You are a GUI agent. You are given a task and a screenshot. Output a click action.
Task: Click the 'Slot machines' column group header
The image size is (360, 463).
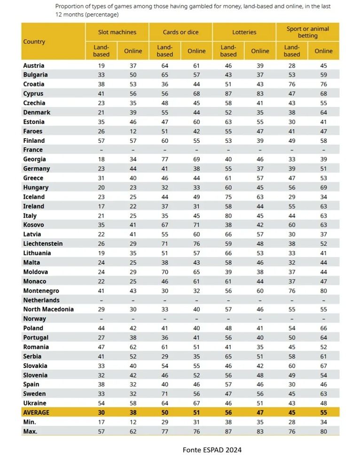coord(117,32)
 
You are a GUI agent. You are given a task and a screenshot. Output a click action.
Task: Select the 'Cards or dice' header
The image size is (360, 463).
coord(180,32)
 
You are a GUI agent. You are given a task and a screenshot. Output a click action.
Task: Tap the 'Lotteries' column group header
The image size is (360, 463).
coord(244,32)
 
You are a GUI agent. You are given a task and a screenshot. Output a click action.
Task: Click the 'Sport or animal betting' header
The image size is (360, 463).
coord(307,32)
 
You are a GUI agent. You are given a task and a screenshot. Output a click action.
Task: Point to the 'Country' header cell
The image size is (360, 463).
coord(34,42)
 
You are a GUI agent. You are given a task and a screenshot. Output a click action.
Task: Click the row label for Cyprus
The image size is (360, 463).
coord(33,94)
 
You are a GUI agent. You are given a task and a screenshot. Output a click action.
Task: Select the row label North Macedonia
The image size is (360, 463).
coord(48,309)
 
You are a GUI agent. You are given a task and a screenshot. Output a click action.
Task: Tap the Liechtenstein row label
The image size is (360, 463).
coord(43,243)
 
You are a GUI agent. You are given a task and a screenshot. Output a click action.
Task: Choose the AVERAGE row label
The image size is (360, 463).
coord(36,412)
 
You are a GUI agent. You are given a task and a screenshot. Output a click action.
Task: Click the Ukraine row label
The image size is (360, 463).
coord(35,403)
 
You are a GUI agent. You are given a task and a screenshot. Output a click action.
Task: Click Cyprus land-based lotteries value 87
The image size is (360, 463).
coord(228,94)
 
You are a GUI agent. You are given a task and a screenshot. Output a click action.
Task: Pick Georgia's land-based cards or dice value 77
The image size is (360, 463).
coord(165,159)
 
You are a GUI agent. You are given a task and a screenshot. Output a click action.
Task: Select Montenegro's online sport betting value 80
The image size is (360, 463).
coord(323,290)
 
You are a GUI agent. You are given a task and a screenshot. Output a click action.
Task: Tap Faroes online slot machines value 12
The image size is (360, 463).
coord(133,131)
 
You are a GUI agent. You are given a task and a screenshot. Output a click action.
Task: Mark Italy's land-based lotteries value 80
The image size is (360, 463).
coord(228,216)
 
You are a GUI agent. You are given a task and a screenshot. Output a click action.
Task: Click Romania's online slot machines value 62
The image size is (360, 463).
coord(133,347)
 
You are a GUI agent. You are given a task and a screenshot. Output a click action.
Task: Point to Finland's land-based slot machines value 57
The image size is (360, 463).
coord(102,141)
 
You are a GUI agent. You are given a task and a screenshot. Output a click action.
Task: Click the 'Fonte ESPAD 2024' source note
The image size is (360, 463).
coord(212,450)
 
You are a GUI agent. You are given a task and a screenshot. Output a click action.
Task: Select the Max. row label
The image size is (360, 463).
coord(31,431)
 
